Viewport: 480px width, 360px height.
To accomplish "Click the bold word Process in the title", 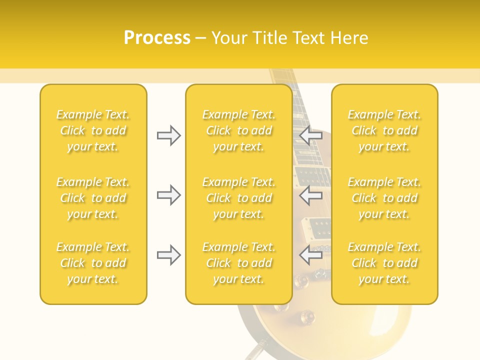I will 157,38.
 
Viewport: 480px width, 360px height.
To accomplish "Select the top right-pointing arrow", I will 168,135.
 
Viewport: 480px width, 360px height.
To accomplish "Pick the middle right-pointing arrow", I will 168,195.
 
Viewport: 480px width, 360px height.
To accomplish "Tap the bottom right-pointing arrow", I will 168,255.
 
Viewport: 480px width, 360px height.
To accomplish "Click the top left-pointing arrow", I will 311,135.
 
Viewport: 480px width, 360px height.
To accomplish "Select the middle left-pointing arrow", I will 311,195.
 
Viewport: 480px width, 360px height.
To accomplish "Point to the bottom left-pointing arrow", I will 311,255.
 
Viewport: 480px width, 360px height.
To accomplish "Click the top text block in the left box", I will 93,130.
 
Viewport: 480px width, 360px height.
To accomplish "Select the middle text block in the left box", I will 93,198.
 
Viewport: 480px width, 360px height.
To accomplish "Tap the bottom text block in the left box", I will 93,263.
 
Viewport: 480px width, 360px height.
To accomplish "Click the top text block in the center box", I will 239,130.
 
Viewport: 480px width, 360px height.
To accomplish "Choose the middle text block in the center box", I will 239,198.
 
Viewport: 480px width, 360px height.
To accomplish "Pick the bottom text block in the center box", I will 239,263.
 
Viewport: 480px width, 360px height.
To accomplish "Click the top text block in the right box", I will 384,130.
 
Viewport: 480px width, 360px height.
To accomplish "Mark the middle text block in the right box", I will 384,198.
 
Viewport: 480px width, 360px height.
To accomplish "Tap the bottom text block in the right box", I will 384,263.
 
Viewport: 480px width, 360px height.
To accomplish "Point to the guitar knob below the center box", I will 305,316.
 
